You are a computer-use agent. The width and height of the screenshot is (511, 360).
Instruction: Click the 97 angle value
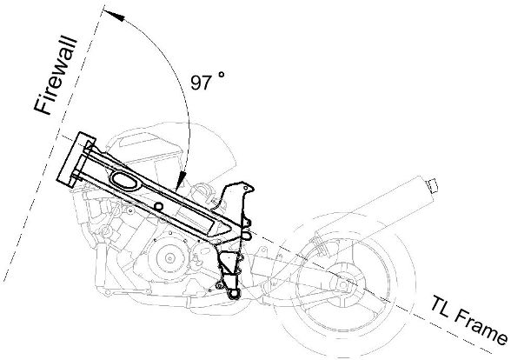pos(202,83)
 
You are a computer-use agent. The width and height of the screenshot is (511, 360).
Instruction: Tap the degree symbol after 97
pos(222,75)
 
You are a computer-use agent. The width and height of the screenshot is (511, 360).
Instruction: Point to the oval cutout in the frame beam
pos(124,182)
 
